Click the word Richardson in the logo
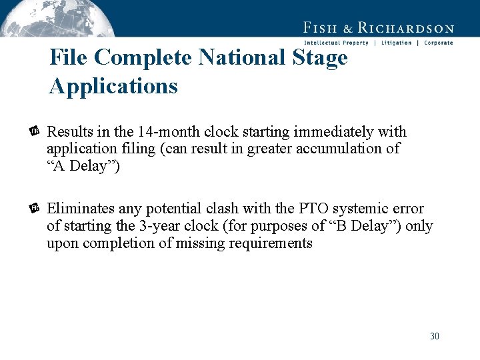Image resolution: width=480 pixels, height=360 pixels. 406,28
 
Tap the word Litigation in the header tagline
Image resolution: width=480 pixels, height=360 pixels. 396,43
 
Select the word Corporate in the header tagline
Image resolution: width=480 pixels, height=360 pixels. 438,43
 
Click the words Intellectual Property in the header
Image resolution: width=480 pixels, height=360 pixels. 336,43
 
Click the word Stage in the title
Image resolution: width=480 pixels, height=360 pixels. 320,58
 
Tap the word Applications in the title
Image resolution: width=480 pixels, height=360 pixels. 113,86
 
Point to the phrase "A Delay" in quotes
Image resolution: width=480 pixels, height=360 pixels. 83,165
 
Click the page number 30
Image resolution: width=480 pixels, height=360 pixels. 434,336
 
